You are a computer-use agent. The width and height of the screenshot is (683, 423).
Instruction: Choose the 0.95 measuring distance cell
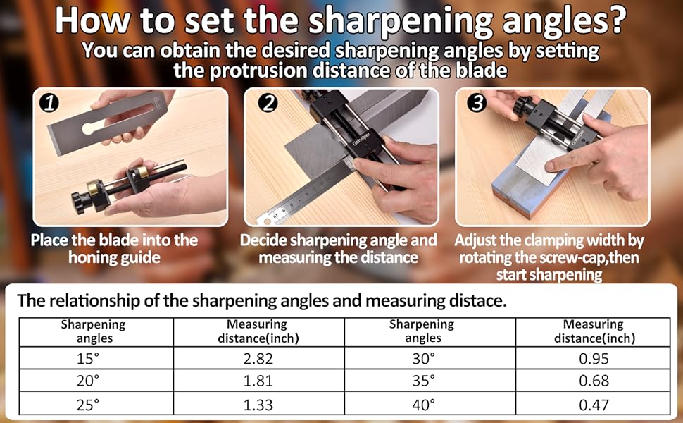click(x=594, y=357)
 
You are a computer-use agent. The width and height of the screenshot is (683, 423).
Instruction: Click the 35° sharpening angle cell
click(x=423, y=381)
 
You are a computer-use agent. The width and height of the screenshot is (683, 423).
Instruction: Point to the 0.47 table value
click(x=594, y=404)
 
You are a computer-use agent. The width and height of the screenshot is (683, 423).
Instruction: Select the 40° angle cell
click(x=423, y=404)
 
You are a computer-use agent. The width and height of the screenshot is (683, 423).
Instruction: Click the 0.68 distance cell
click(x=594, y=381)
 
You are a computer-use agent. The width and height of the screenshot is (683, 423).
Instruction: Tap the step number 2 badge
click(x=267, y=104)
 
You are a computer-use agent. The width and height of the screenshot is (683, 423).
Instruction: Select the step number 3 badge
click(x=477, y=104)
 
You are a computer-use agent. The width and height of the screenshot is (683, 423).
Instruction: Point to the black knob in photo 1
click(x=80, y=202)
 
